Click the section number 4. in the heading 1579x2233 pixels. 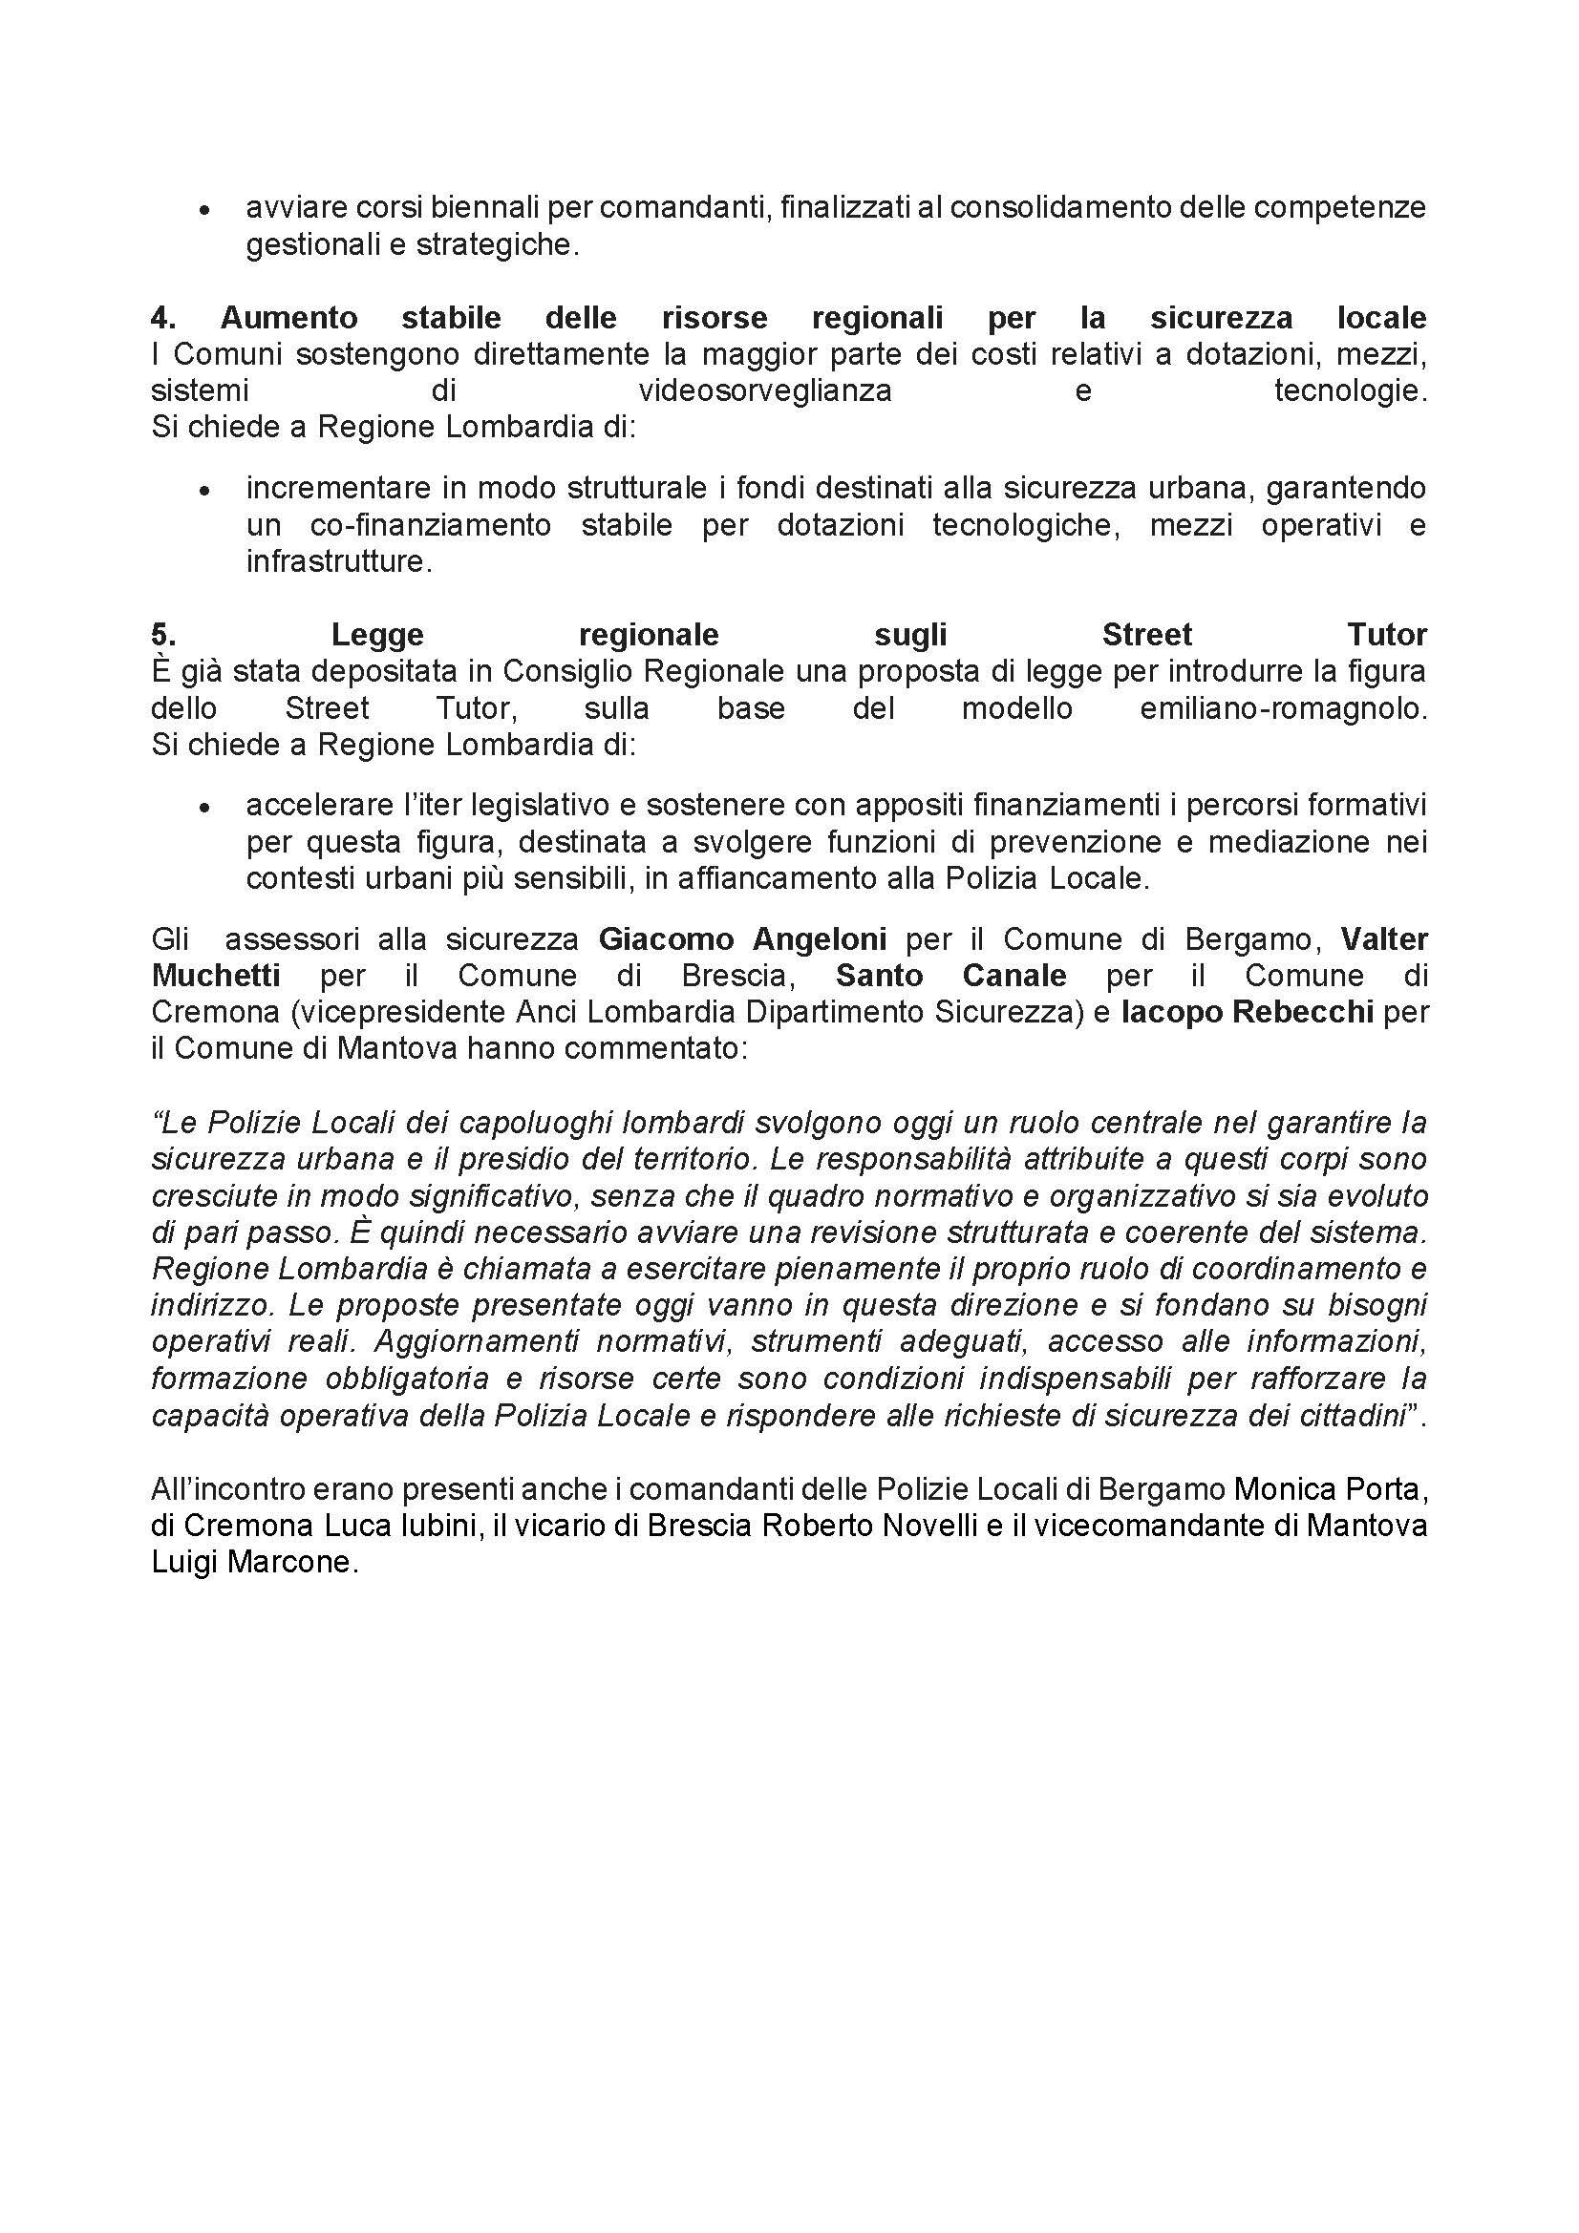click(162, 318)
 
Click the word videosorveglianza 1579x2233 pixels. click(765, 392)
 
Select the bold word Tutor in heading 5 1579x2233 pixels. click(1386, 635)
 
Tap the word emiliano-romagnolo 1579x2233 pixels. click(1282, 708)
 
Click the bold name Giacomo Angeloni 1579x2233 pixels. click(742, 939)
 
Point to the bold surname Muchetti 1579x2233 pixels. click(216, 976)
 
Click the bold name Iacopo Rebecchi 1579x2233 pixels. click(1248, 1012)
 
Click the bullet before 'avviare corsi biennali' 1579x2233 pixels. click(204, 211)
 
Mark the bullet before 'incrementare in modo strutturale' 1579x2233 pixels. click(204, 492)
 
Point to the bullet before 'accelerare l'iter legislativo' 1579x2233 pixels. click(204, 809)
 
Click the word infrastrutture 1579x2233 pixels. click(337, 562)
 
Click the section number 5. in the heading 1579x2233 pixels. click(162, 635)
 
